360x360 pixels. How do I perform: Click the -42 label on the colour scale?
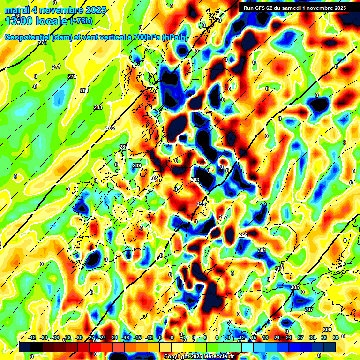point(32,337)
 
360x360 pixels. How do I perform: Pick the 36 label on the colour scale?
point(335,337)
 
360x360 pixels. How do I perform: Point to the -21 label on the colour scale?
point(114,337)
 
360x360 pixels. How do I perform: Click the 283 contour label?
point(98,108)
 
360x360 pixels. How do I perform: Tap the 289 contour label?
point(137,165)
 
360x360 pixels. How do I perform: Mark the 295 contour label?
point(201,204)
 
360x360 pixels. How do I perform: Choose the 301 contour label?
point(262,251)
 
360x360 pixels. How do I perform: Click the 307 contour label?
point(308,309)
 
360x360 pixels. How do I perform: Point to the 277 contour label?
point(56,67)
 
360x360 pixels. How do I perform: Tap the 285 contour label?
point(110,128)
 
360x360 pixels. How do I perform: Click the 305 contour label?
point(295,287)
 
